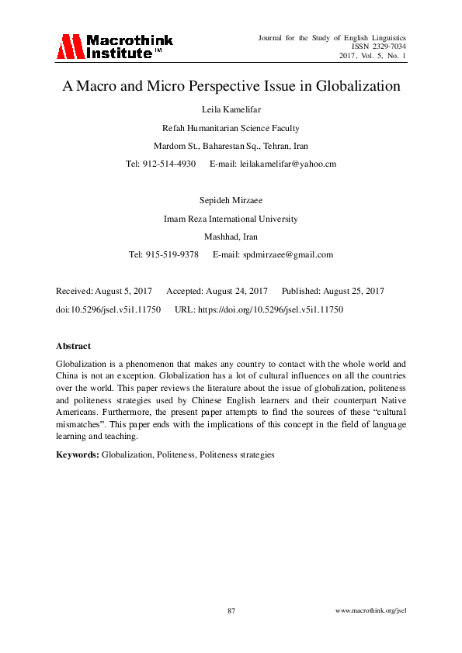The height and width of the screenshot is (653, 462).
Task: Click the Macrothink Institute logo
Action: [x=114, y=47]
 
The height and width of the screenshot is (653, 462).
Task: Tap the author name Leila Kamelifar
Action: [x=231, y=110]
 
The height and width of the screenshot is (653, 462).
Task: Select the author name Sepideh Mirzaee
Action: [x=231, y=200]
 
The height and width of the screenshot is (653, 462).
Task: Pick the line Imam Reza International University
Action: [x=231, y=219]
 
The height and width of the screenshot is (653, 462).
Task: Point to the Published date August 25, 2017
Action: [x=347, y=291]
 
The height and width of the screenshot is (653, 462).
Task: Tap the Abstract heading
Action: [x=74, y=346]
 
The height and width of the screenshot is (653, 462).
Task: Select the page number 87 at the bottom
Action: [x=231, y=611]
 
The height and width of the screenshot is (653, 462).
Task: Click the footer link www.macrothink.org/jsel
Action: [x=370, y=611]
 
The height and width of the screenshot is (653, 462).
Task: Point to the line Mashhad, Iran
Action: [x=231, y=237]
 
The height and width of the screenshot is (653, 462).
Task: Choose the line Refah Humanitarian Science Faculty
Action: [x=231, y=128]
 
